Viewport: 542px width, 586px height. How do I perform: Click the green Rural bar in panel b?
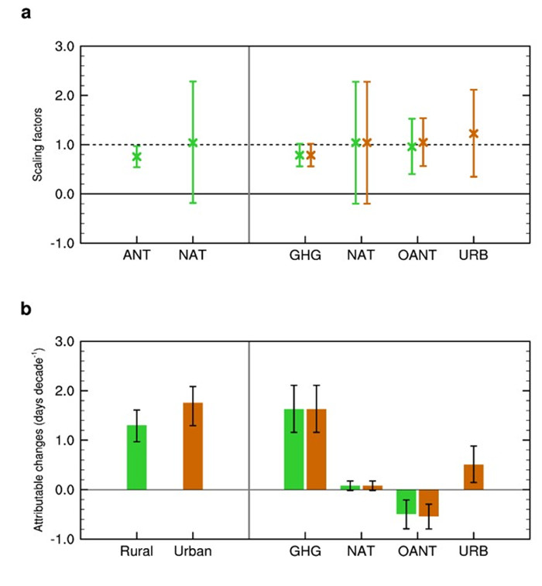tap(136, 457)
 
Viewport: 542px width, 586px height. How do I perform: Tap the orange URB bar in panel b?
tap(473, 477)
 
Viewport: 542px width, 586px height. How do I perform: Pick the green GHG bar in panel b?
tap(293, 450)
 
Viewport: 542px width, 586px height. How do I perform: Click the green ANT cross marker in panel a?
tap(136, 157)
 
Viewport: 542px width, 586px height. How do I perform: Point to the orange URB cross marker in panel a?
tap(473, 133)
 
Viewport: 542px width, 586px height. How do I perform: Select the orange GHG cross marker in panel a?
tap(310, 155)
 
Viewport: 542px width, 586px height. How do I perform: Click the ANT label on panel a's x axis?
tap(136, 254)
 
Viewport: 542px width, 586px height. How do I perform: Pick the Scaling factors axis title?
tap(37, 145)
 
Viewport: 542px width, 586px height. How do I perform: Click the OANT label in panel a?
tap(417, 254)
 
